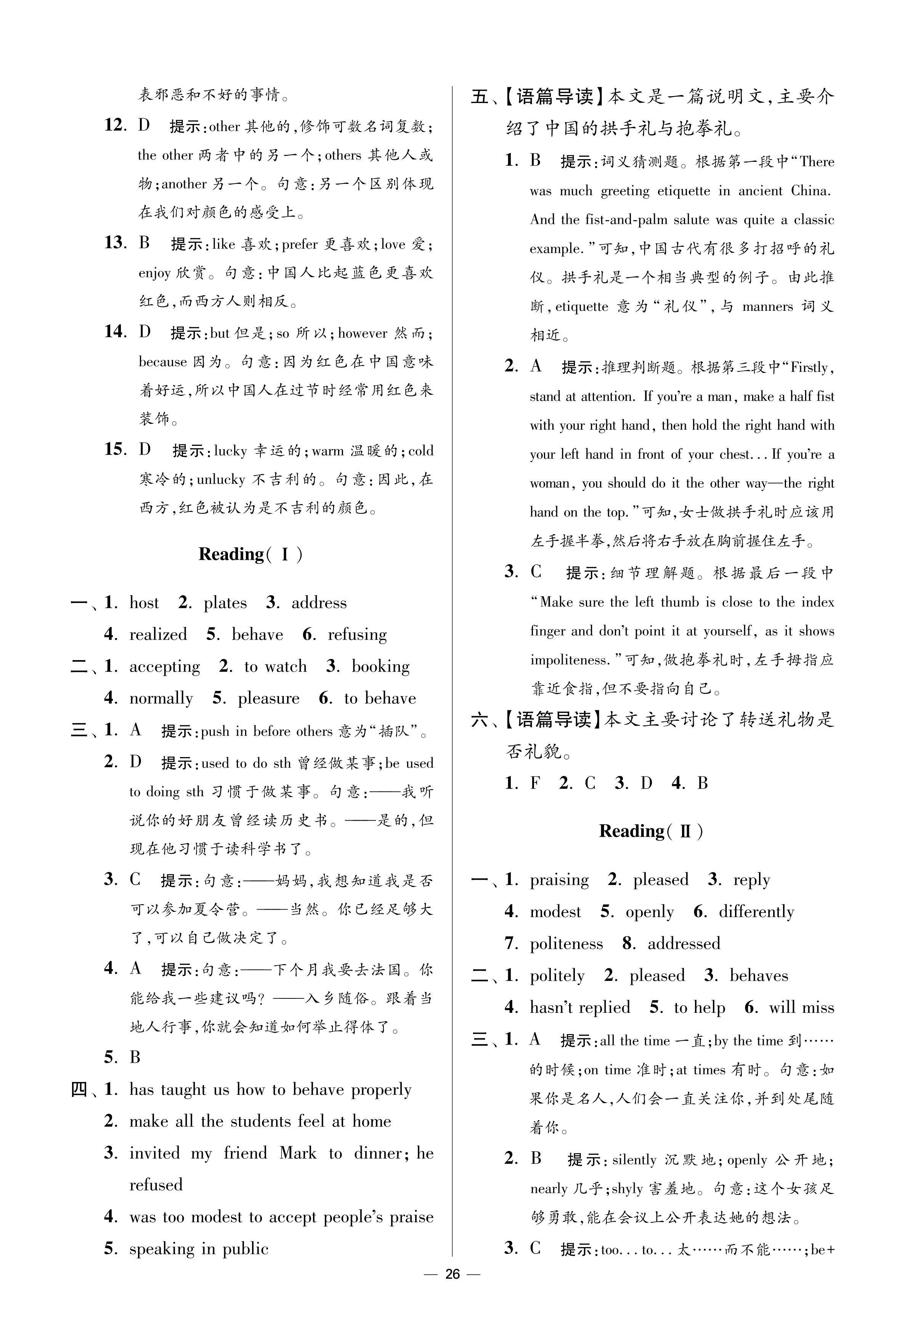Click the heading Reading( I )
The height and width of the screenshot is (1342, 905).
250,554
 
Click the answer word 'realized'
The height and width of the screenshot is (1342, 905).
158,634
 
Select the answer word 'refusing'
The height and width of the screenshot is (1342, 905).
357,634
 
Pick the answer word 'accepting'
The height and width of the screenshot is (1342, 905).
164,667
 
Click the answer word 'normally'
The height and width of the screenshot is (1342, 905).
161,698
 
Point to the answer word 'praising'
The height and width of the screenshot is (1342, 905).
559,880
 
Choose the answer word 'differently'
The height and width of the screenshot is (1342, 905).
756,911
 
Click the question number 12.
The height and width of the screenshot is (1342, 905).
115,125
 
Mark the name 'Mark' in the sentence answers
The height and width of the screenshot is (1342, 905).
298,1153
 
